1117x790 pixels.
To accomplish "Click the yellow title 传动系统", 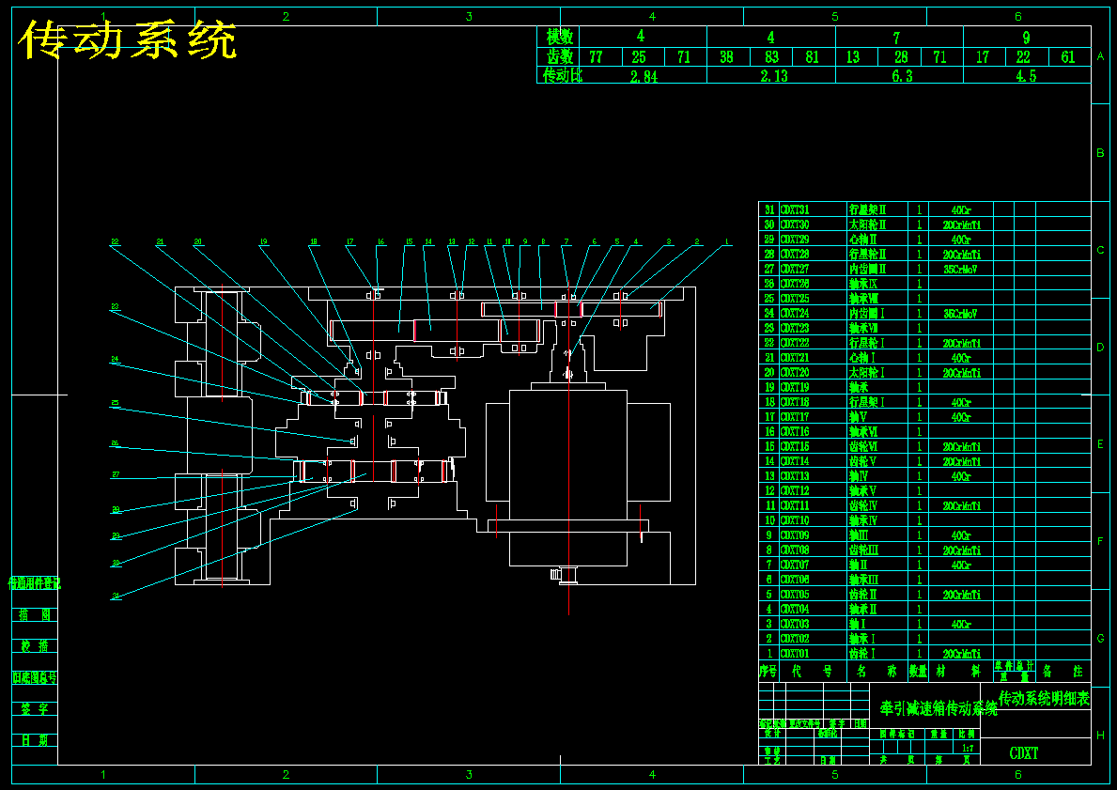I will [x=128, y=40].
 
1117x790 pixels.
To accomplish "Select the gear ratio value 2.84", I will [x=644, y=76].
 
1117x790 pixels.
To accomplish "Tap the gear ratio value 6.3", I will [x=901, y=76].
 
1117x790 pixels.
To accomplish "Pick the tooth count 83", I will [x=771, y=57].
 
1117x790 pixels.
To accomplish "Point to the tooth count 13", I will [x=853, y=57].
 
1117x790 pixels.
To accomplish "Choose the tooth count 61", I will [x=1068, y=57].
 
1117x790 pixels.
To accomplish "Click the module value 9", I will [x=1026, y=38].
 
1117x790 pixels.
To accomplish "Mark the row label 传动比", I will [x=560, y=76].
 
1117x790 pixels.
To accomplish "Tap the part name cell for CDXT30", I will [x=867, y=225].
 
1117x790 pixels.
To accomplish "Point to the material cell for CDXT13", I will [x=960, y=476].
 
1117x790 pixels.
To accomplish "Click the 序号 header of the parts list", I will [x=768, y=672].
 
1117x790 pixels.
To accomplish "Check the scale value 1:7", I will [x=968, y=748].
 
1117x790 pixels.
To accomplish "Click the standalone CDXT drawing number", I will [x=1024, y=753].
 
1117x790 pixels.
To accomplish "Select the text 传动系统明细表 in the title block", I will [x=1043, y=698].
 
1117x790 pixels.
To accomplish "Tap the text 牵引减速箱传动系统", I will [x=938, y=708].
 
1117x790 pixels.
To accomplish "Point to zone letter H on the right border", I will [x=1100, y=736].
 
